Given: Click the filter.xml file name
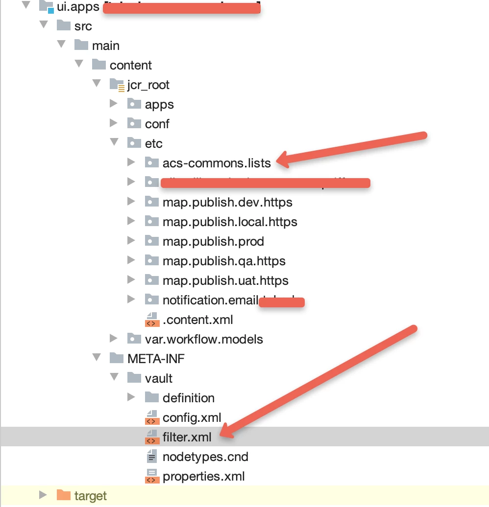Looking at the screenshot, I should click(x=187, y=437).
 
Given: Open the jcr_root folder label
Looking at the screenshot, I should click(x=148, y=85).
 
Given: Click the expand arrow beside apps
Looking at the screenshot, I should click(x=114, y=104).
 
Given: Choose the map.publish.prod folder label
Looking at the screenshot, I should click(x=213, y=241).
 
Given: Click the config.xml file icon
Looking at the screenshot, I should click(x=152, y=417).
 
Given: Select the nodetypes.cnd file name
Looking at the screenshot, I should click(x=205, y=457).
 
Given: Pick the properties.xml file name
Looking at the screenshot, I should click(x=203, y=476).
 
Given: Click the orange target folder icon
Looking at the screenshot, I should click(x=63, y=495).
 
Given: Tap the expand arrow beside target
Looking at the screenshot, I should click(x=43, y=495).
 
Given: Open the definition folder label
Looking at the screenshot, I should click(x=188, y=398).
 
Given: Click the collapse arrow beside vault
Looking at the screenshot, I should click(x=114, y=378).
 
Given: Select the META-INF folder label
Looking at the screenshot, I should click(x=156, y=359).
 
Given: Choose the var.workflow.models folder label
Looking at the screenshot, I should click(x=204, y=339).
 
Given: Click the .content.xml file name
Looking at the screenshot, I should click(x=197, y=320).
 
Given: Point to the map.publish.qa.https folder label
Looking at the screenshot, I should click(x=224, y=261).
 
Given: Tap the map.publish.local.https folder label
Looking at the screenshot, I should click(x=230, y=222).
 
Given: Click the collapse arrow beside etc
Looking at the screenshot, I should click(x=114, y=143).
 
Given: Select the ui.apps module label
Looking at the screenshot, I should click(x=78, y=6).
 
